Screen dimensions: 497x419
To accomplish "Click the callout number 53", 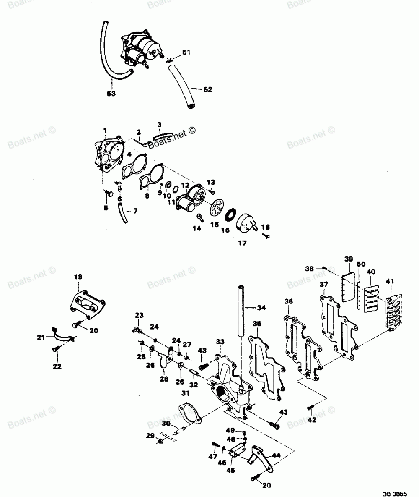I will tap(111, 94).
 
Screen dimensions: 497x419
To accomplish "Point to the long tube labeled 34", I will tap(242, 310).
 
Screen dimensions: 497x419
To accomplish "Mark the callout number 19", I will tap(78, 277).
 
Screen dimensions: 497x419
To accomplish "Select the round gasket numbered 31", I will tap(188, 413).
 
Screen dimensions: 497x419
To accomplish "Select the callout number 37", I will tap(324, 285).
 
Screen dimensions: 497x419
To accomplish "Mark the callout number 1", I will tap(105, 131).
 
